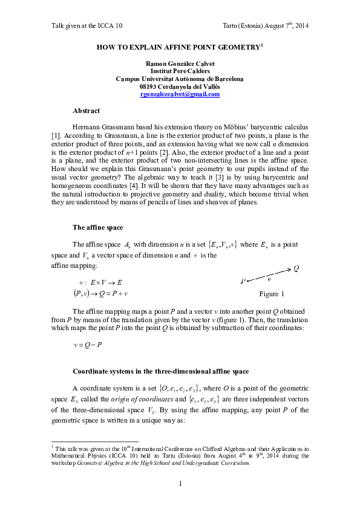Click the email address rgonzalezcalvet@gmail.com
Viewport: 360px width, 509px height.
(x=180, y=95)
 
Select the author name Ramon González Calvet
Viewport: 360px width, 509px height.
(x=180, y=63)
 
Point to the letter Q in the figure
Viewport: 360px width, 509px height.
(x=296, y=269)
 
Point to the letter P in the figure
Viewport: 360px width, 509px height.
(x=243, y=281)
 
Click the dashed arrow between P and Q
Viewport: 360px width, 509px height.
(x=269, y=275)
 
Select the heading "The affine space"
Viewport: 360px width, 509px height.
(x=99, y=227)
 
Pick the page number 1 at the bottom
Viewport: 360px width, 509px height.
(x=180, y=484)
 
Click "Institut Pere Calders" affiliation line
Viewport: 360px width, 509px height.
(x=180, y=71)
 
